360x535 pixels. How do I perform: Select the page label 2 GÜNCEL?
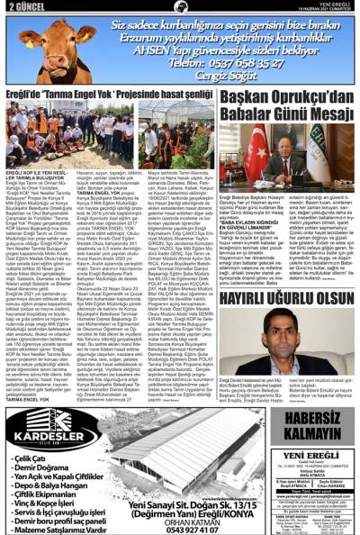[21, 6]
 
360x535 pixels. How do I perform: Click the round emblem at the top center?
[180, 6]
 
